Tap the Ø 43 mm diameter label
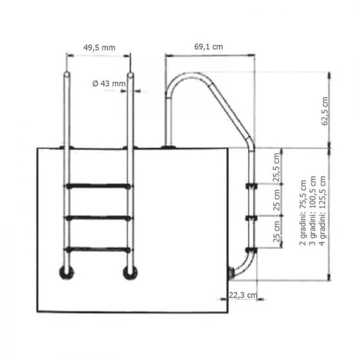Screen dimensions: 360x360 [109, 84]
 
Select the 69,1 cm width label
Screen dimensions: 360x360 [209, 47]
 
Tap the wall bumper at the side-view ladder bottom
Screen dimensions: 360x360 [232, 273]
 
